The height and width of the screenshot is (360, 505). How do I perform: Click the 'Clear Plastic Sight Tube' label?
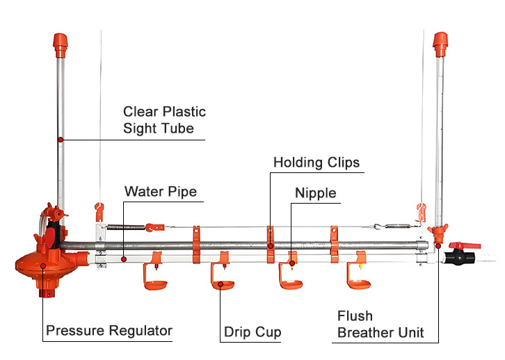(x=164, y=120)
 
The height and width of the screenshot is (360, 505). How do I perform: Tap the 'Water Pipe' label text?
(x=161, y=191)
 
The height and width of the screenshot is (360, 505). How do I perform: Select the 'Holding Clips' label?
(x=316, y=163)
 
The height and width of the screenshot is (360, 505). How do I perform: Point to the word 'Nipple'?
(x=315, y=193)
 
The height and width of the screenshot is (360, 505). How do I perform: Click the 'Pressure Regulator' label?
(x=109, y=330)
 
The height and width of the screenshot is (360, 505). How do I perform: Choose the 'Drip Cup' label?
(x=252, y=332)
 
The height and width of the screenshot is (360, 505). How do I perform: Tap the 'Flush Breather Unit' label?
(x=381, y=325)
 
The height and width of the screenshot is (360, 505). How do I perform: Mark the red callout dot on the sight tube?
(x=61, y=140)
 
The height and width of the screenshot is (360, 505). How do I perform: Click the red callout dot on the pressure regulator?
(x=42, y=265)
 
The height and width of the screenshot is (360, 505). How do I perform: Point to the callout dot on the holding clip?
(x=270, y=245)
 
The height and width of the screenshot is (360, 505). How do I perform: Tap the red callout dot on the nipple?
(x=293, y=263)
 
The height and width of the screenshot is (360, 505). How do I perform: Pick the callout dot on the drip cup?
(x=221, y=283)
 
